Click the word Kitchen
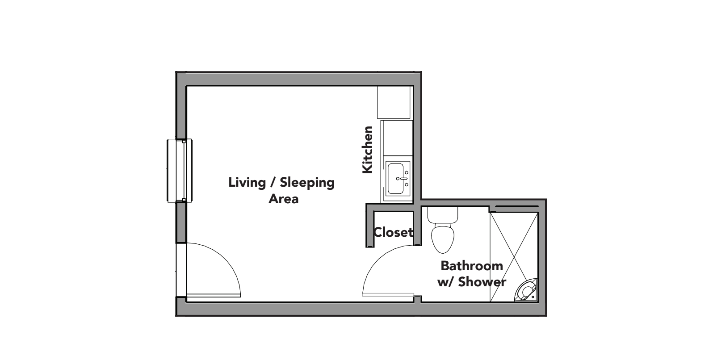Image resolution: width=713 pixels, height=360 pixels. (367, 150)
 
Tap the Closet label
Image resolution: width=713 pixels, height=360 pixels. (393, 232)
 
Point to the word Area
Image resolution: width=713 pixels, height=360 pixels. (283, 199)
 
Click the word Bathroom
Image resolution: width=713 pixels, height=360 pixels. (472, 266)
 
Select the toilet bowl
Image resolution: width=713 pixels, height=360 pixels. (443, 238)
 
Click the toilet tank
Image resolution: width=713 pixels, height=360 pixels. (443, 215)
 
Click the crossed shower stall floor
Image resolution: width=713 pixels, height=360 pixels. (514, 250)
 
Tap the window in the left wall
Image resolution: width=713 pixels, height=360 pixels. (180, 171)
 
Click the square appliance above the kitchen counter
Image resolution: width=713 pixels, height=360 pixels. (394, 102)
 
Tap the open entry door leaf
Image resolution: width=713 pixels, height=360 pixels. (214, 295)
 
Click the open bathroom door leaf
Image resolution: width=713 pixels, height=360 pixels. (388, 295)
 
